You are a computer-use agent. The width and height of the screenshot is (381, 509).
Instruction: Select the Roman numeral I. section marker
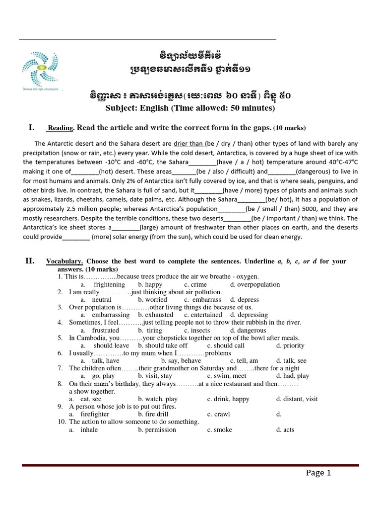(31, 128)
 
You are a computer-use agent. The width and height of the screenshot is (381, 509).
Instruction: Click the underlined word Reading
(60, 128)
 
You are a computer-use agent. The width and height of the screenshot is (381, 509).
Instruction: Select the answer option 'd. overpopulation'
(254, 285)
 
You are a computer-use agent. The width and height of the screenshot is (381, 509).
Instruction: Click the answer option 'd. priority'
(290, 345)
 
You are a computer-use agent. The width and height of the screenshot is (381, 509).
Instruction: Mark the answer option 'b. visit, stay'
(155, 376)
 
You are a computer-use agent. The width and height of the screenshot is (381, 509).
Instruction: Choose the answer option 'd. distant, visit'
(297, 399)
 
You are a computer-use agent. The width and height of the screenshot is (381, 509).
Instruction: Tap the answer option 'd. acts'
(285, 429)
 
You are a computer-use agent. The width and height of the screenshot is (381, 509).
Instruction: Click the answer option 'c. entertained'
(203, 315)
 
